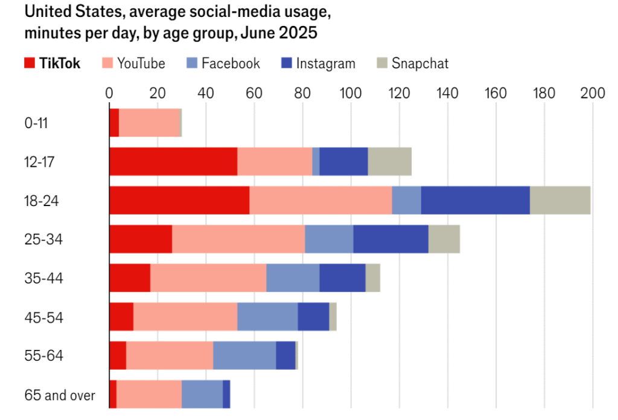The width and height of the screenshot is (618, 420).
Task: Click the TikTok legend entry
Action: (52, 63)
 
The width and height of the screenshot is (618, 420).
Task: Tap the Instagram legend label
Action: (326, 63)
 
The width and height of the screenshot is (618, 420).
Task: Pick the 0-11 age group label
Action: (36, 123)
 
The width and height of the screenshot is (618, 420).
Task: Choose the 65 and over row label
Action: (60, 396)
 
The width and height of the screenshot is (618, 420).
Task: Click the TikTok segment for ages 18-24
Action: (179, 201)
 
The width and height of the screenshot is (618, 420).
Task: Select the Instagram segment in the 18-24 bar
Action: (475, 201)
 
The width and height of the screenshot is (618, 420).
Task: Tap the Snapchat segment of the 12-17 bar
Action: (389, 162)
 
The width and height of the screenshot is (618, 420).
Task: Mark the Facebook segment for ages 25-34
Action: (329, 239)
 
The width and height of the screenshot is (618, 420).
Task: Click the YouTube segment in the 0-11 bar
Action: (149, 123)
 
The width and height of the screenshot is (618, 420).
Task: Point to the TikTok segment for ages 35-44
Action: (130, 278)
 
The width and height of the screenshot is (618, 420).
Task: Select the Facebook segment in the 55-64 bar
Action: (244, 355)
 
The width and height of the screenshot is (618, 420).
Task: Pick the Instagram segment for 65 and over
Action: (226, 394)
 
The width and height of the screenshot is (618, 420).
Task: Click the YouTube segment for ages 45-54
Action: (185, 317)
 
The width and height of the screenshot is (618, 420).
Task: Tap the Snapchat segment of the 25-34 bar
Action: (444, 239)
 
